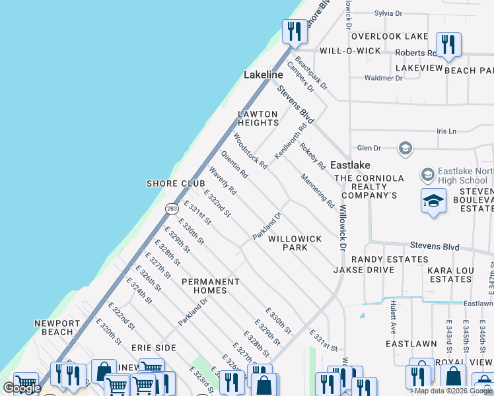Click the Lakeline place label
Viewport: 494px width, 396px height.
click(263, 75)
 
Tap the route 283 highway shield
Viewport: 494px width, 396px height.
click(172, 208)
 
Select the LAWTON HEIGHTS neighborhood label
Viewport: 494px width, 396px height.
click(258, 119)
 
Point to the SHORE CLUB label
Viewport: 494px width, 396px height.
click(171, 183)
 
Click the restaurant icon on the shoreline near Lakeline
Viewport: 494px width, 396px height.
click(293, 31)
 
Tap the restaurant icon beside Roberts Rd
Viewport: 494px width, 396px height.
click(449, 44)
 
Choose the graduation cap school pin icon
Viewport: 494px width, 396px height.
click(433, 200)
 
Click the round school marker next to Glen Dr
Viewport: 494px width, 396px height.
click(406, 148)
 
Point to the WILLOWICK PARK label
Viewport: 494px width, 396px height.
click(295, 243)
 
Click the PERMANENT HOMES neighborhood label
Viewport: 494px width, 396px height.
click(210, 286)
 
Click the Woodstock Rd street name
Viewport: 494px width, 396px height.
click(250, 151)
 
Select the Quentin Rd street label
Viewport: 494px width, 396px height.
click(234, 165)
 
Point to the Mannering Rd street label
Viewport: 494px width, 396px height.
click(318, 191)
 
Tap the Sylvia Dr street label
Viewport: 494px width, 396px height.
click(388, 13)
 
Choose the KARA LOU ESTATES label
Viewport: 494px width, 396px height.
click(449, 275)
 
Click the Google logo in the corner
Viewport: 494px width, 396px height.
click(22, 388)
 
